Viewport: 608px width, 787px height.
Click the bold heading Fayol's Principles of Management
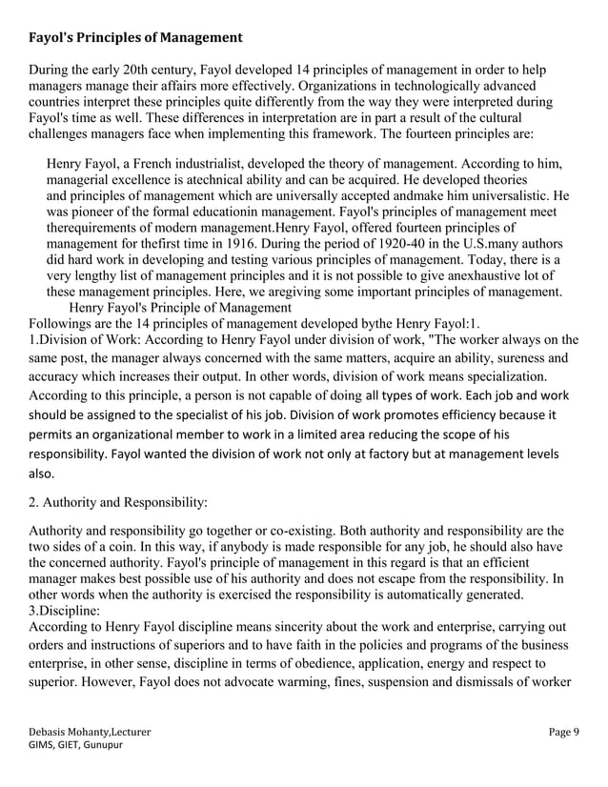click(x=135, y=39)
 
